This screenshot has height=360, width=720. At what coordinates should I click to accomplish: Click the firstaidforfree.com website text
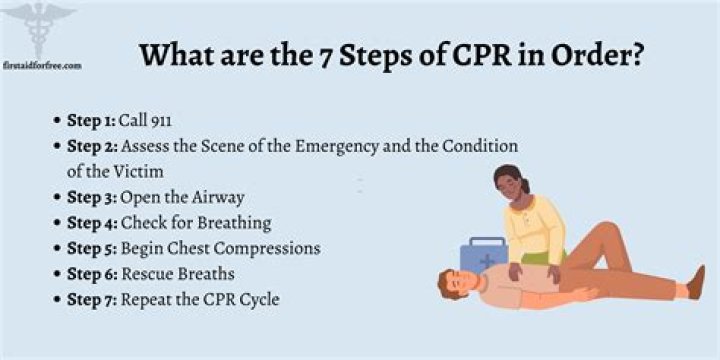pos(42,65)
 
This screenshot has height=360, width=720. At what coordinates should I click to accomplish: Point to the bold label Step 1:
pos(91,120)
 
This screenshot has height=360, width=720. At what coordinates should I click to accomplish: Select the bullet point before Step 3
pos(57,197)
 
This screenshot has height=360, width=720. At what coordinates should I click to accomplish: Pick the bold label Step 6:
pos(92,274)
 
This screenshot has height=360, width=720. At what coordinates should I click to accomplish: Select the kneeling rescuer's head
pos(512,188)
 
